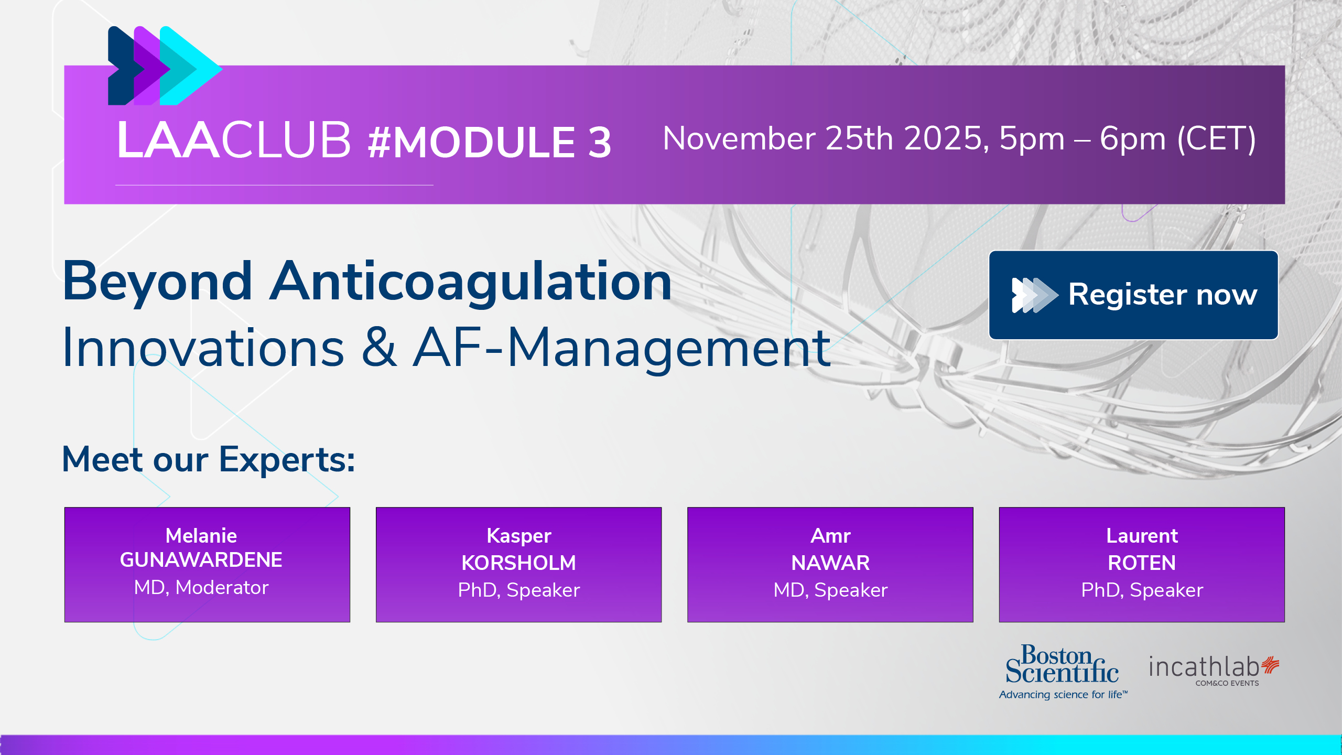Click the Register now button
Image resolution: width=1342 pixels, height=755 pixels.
click(1133, 295)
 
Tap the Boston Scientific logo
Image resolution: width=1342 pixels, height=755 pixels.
click(1063, 672)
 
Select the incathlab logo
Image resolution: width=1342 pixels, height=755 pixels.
click(1214, 670)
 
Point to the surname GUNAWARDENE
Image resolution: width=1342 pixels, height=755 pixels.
click(201, 560)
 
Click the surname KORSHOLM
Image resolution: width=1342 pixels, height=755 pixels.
click(518, 563)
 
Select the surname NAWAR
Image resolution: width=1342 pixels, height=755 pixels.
click(830, 563)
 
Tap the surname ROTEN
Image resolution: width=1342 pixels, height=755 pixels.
click(1142, 563)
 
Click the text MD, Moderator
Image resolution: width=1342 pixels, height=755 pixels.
click(201, 588)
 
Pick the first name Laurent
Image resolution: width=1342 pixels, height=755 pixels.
click(1142, 536)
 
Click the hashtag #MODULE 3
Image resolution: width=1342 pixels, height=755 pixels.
click(490, 142)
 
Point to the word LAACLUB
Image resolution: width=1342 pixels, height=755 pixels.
click(234, 139)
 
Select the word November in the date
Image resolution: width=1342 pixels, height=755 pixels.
click(739, 139)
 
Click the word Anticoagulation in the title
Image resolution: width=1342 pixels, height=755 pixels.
click(470, 282)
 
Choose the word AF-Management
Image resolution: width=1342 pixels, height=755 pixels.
click(622, 348)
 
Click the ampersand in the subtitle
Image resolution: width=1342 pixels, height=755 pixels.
click(378, 348)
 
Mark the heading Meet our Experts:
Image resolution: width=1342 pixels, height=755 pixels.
click(209, 459)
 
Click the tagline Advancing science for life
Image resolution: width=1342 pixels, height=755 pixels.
click(1063, 695)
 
